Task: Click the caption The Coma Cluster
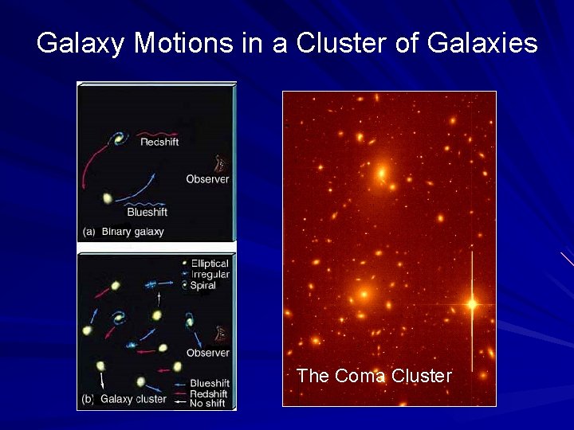click(x=374, y=376)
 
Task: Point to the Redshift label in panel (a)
click(x=159, y=142)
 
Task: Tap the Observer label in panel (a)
click(x=207, y=179)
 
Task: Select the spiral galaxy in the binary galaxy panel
click(x=120, y=139)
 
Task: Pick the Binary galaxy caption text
click(x=132, y=232)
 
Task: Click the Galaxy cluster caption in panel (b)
click(x=133, y=399)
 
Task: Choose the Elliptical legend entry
click(x=209, y=264)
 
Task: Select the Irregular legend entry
click(x=210, y=275)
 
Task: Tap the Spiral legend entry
click(x=202, y=286)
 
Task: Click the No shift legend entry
click(x=209, y=405)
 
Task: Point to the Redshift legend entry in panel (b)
click(x=209, y=394)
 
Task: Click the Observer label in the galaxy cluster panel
click(x=207, y=353)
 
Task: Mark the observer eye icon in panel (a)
click(x=220, y=162)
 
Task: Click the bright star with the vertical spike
click(x=472, y=303)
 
